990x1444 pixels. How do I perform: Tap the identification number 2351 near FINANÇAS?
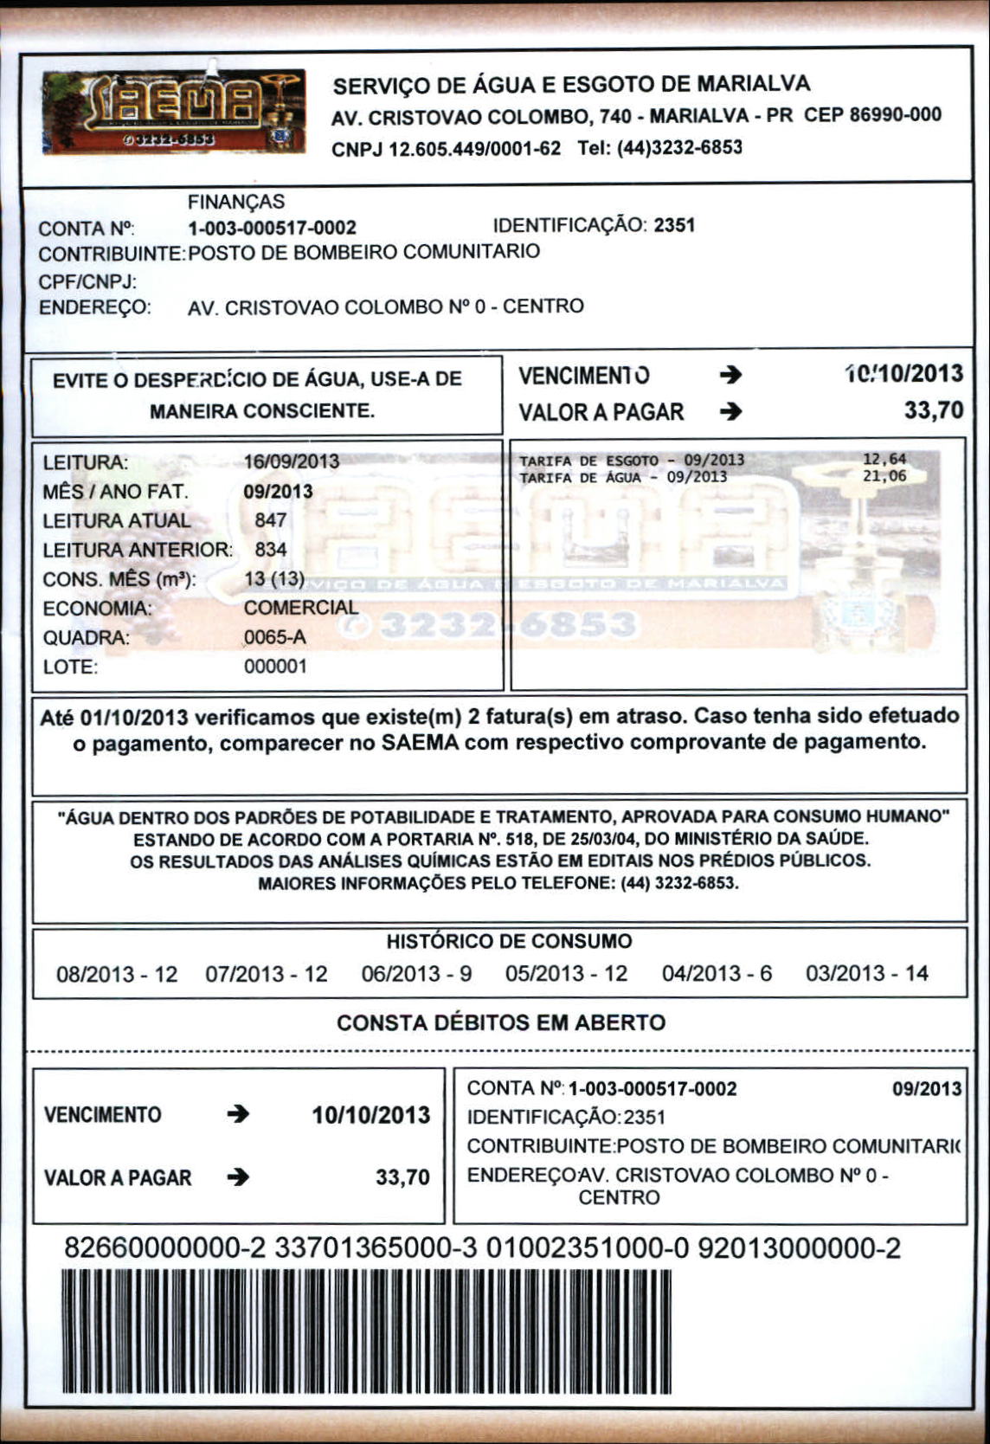(x=674, y=226)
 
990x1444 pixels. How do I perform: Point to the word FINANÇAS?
(x=236, y=202)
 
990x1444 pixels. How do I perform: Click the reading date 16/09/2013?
(x=292, y=461)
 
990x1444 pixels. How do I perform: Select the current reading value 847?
(x=271, y=520)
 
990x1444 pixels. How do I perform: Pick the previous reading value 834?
(x=271, y=550)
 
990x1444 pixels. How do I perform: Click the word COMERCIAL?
(x=300, y=608)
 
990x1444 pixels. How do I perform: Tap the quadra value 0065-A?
(x=275, y=638)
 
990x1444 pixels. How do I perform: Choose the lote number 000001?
(x=275, y=667)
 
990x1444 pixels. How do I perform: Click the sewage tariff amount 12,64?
(x=884, y=460)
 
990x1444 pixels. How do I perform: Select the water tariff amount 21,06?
(x=884, y=476)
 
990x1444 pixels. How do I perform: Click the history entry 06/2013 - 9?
(x=416, y=974)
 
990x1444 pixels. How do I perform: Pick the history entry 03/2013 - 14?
(x=866, y=974)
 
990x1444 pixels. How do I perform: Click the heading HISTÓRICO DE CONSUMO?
(x=509, y=941)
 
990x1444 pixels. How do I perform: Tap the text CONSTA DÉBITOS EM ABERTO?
(x=501, y=1022)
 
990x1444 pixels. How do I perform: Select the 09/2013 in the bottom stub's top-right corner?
(x=927, y=1088)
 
